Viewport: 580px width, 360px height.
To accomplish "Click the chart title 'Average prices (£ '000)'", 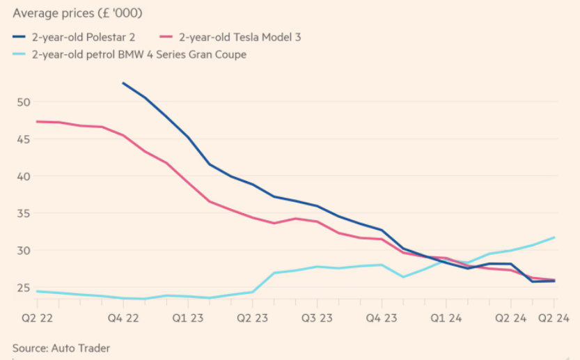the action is click(x=77, y=13).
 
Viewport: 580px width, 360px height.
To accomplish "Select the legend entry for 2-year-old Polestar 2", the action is click(x=84, y=37).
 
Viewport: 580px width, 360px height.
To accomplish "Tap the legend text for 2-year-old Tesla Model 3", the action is click(x=240, y=37).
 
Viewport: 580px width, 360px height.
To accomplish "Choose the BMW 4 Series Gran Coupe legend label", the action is click(x=139, y=54).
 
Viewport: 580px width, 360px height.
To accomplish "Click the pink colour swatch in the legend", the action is click(x=166, y=37).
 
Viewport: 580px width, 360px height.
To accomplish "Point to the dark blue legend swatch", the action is click(x=19, y=37).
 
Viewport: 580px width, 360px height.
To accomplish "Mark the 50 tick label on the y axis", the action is click(x=23, y=102).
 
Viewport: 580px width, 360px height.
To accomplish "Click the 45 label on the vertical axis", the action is click(x=23, y=139).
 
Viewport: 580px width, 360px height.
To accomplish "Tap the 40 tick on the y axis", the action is click(x=23, y=176).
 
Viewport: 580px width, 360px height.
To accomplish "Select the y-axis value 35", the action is click(x=23, y=214).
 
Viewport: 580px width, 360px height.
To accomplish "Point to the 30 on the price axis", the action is click(x=23, y=251).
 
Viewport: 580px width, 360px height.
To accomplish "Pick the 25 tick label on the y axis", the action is click(x=23, y=288).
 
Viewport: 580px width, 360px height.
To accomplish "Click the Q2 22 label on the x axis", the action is click(x=37, y=318).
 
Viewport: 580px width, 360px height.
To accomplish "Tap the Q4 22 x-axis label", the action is click(x=123, y=318).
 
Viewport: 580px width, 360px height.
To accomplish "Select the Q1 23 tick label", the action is click(x=188, y=318).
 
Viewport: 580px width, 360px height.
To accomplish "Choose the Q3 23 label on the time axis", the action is click(x=317, y=318).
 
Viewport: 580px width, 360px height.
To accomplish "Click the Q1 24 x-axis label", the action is click(x=446, y=318).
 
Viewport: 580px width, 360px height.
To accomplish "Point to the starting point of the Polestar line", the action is click(x=123, y=84).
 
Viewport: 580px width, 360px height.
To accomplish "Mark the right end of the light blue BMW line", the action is click(x=554, y=237).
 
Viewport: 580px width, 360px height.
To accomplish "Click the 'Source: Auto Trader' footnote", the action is click(x=61, y=348).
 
